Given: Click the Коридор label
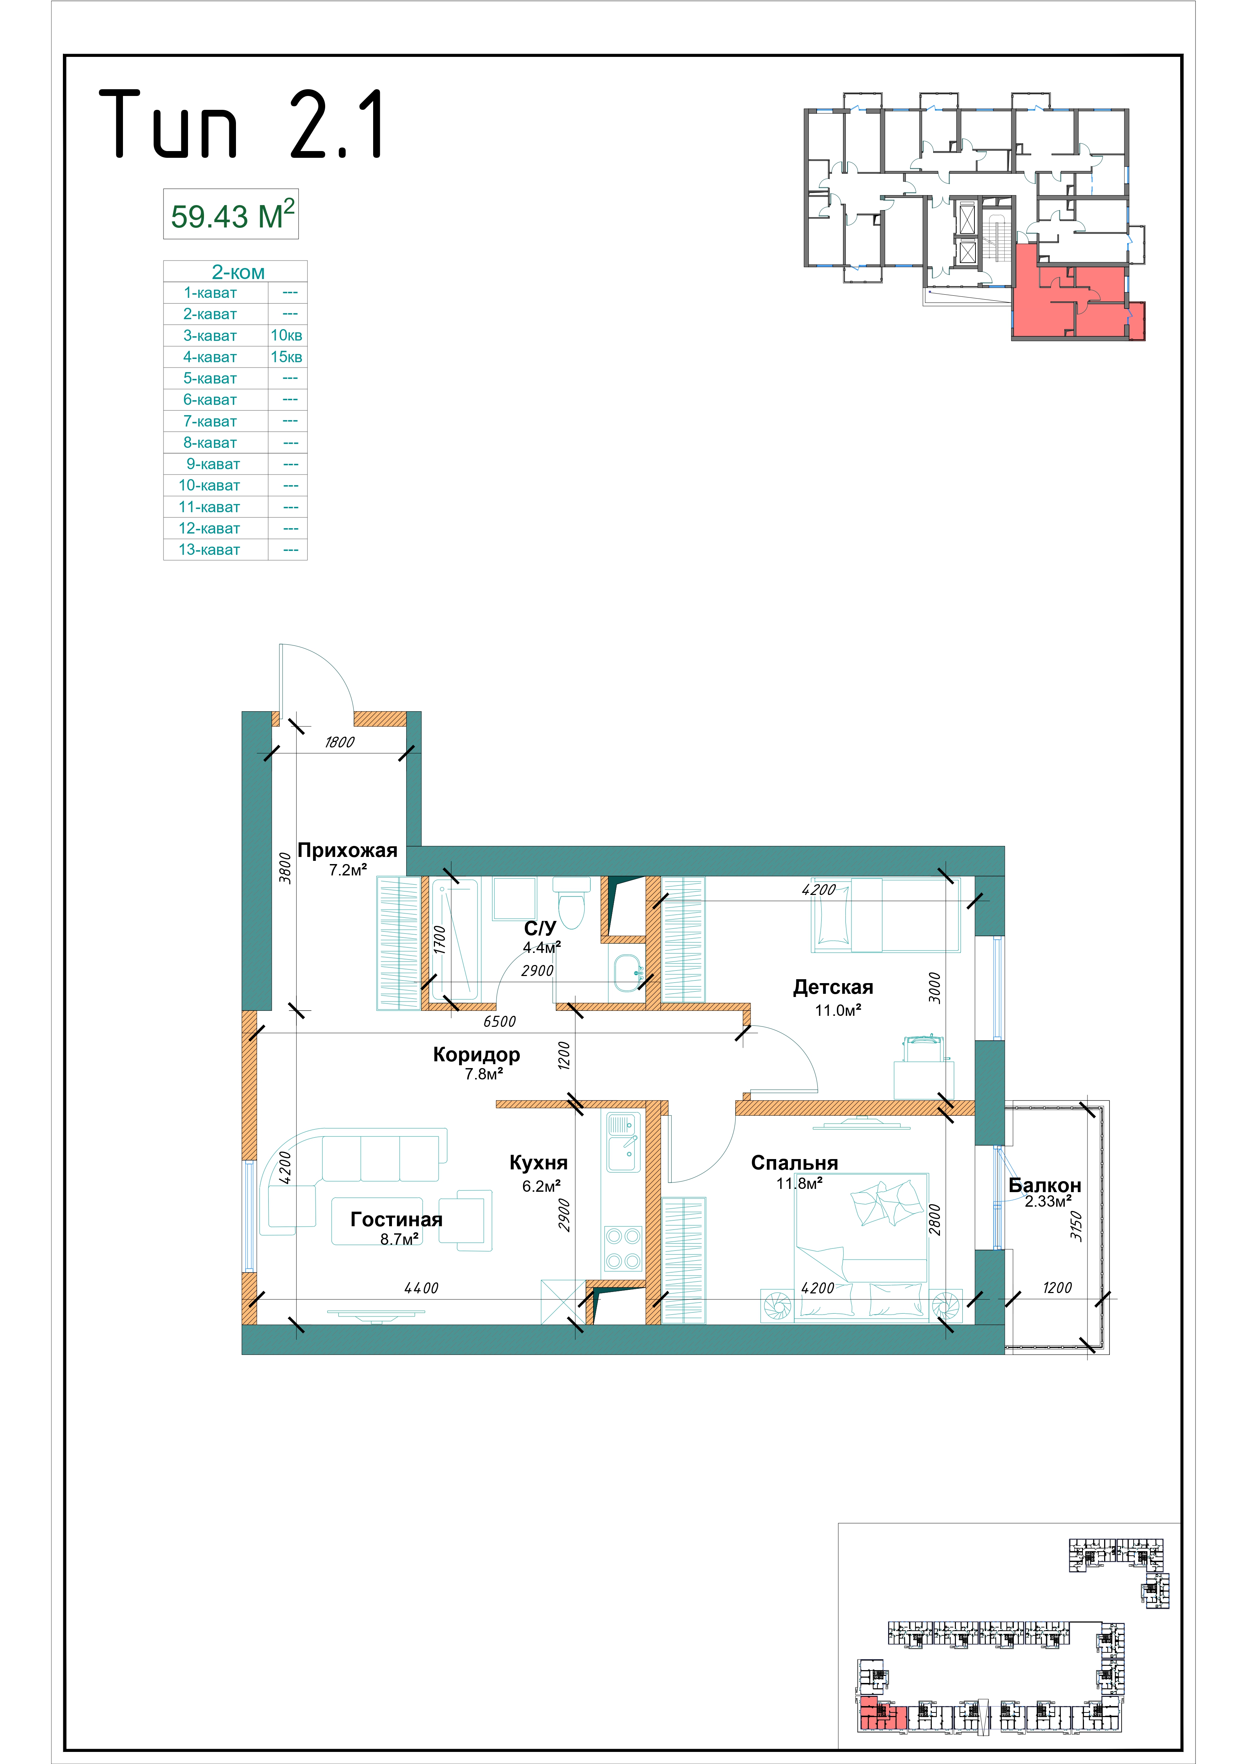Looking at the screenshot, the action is coord(476,1055).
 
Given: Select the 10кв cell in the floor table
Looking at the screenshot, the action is coord(286,336).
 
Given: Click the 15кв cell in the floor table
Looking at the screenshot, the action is coord(286,357).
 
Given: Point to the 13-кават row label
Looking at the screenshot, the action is coord(209,550).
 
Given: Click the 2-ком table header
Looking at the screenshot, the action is coord(238,272).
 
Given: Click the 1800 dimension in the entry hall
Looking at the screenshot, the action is coord(340,742).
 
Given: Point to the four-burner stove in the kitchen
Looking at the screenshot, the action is coord(623,1248).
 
